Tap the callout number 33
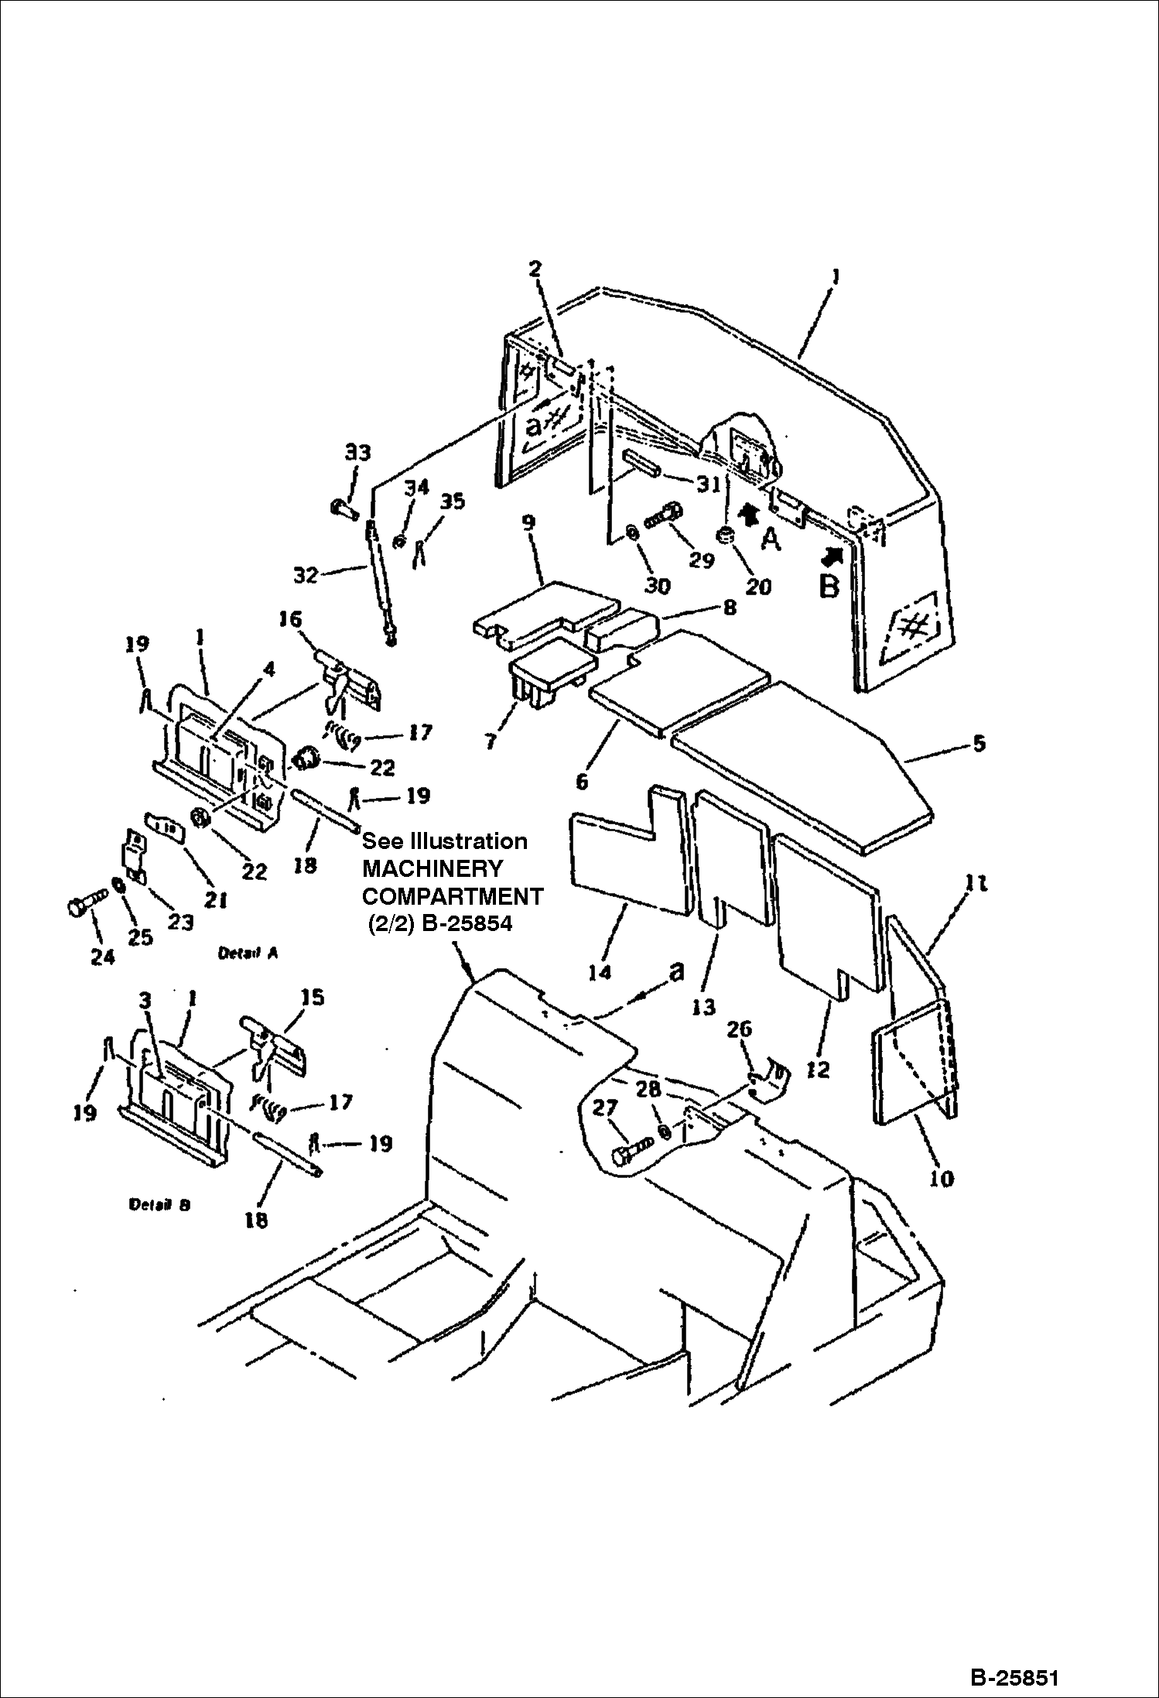click(x=357, y=453)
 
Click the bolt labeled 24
click(x=85, y=906)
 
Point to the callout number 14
click(x=600, y=971)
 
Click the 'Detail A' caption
click(x=248, y=953)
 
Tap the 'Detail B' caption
click(x=159, y=1205)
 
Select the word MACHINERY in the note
click(x=432, y=868)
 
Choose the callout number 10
click(x=942, y=1179)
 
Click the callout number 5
click(x=979, y=744)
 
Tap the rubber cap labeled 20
click(x=727, y=536)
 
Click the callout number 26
click(x=740, y=1029)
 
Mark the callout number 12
click(x=817, y=1069)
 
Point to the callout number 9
click(x=528, y=522)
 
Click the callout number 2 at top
click(x=535, y=269)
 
